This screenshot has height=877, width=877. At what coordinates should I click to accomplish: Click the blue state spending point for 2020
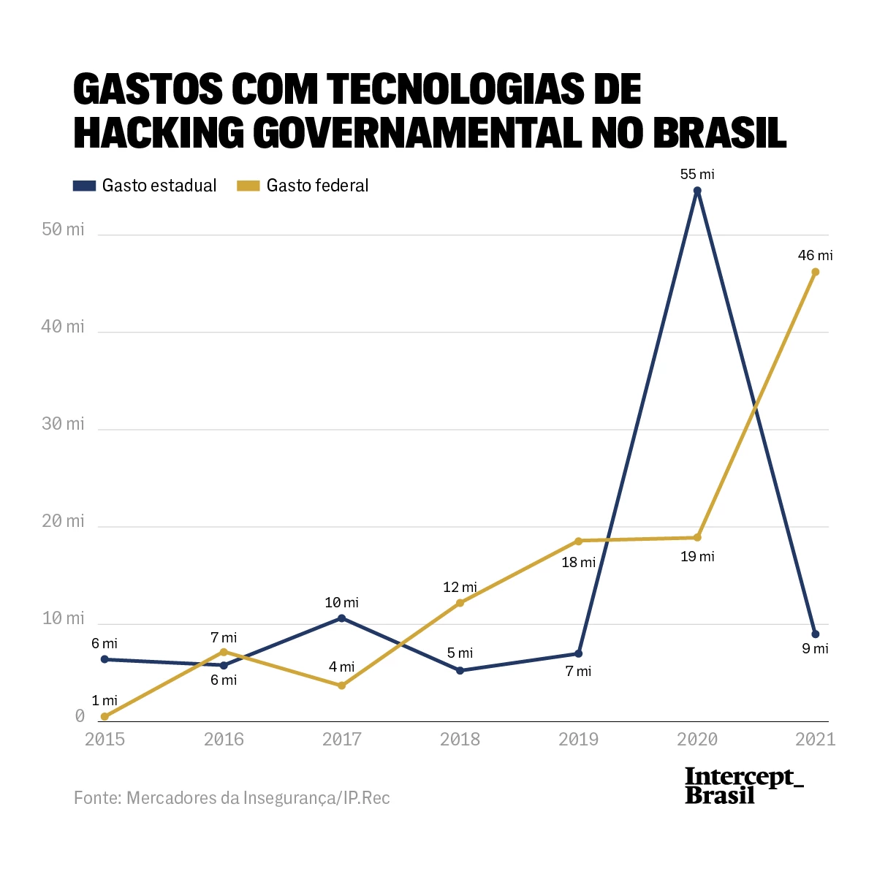tap(697, 191)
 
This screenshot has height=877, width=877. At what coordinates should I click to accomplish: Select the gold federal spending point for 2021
tap(816, 272)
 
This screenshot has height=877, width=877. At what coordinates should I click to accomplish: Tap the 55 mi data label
tap(697, 174)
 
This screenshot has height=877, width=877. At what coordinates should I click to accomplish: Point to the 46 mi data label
tap(815, 255)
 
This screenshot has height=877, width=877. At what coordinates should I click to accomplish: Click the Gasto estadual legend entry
tap(145, 186)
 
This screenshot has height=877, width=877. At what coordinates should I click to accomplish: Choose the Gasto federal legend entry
tap(303, 186)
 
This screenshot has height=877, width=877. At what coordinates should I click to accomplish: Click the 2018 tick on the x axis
tap(460, 739)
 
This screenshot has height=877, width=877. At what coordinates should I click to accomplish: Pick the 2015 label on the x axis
tap(105, 739)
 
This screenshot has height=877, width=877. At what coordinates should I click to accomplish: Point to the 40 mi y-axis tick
tap(63, 327)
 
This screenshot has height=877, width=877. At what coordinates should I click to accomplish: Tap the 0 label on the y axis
tap(80, 716)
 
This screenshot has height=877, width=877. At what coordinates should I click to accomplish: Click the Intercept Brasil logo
tap(743, 786)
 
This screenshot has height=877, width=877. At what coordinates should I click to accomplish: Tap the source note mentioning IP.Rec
tap(232, 797)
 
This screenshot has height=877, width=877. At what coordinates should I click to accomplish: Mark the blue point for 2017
tap(341, 618)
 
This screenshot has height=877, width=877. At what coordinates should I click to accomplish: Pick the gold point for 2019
tap(578, 541)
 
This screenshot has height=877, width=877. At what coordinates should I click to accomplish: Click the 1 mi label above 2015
tap(105, 700)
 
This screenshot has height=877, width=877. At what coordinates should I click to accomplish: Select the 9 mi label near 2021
tap(815, 648)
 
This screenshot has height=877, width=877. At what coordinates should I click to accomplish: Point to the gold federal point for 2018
tap(460, 603)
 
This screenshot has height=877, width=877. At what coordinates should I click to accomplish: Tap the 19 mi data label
tap(697, 556)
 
